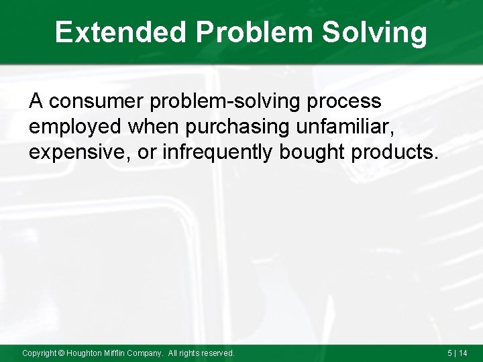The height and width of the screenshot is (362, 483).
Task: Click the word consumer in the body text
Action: (x=97, y=102)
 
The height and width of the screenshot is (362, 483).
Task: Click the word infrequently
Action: (x=217, y=152)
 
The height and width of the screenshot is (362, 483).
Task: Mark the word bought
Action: (x=315, y=152)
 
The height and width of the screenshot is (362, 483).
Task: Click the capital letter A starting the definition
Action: (x=36, y=102)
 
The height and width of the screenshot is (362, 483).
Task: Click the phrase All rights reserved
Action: (x=201, y=353)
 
